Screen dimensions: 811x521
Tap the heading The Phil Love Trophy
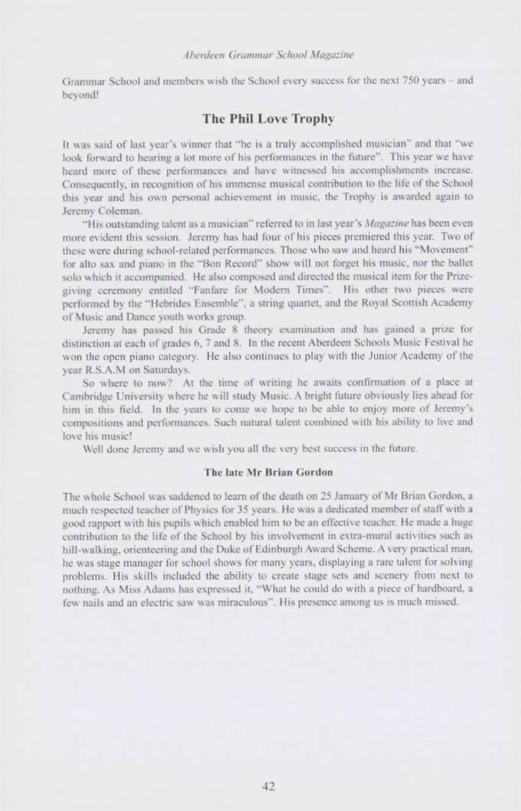(260, 118)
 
